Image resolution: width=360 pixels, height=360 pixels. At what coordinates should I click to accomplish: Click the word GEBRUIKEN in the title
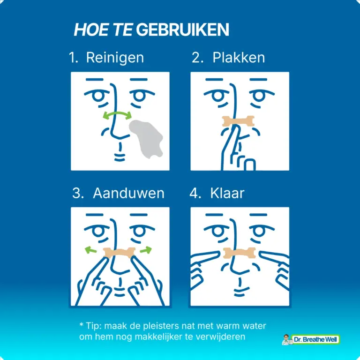(182, 30)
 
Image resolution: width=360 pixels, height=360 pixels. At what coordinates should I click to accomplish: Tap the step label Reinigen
(115, 58)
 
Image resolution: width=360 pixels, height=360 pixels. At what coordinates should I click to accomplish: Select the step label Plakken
(239, 57)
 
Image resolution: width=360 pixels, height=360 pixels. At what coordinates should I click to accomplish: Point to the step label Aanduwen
(128, 193)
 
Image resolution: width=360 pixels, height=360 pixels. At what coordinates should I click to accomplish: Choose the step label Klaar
(227, 193)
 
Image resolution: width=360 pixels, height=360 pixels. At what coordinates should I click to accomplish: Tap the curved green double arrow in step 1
(117, 114)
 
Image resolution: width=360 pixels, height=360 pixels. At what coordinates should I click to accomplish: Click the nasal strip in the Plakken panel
(238, 121)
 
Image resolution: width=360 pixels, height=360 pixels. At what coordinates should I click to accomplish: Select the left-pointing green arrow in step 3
(90, 250)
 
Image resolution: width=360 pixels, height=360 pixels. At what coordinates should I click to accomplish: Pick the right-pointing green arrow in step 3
(146, 249)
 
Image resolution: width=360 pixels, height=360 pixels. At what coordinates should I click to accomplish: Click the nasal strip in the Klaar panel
(239, 253)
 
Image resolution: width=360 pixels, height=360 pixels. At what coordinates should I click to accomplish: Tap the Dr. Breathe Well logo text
(315, 339)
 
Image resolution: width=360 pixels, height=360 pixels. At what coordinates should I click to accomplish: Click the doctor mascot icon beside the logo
(287, 339)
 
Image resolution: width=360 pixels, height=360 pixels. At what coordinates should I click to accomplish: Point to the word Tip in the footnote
(93, 326)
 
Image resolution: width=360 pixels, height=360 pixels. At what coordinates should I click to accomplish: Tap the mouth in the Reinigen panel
(120, 157)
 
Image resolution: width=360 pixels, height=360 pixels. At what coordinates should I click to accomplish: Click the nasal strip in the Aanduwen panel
(119, 253)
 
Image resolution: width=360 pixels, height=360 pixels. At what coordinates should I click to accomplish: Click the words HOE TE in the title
(103, 30)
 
